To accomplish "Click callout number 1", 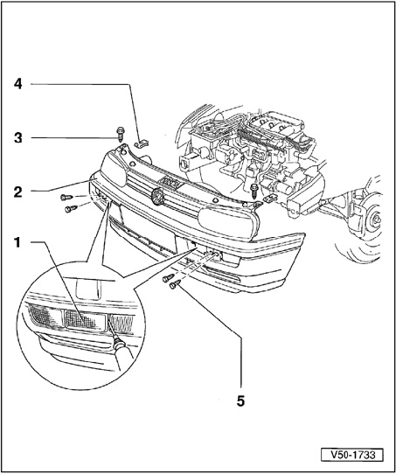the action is pyautogui.click(x=17, y=242).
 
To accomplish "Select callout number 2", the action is pyautogui.click(x=18, y=192).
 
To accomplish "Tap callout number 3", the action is pyautogui.click(x=18, y=138).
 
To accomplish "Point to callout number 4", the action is pyautogui.click(x=18, y=84).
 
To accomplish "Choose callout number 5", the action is pyautogui.click(x=240, y=401).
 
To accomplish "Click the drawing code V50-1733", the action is pyautogui.click(x=353, y=455).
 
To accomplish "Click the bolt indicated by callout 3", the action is pyautogui.click(x=121, y=134).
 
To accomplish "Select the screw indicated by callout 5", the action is pyautogui.click(x=175, y=284).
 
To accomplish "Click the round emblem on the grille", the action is pyautogui.click(x=157, y=196).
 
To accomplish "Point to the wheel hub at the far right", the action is pyautogui.click(x=377, y=220).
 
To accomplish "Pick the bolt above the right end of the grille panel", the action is pyautogui.click(x=254, y=191).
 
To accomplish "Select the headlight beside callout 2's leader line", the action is pyautogui.click(x=114, y=169).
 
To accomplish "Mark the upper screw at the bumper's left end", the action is pyautogui.click(x=66, y=197).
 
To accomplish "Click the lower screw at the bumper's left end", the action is pyautogui.click(x=71, y=209).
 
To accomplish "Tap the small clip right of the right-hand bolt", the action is pyautogui.click(x=270, y=199).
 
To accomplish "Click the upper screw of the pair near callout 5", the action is pyautogui.click(x=168, y=278).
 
